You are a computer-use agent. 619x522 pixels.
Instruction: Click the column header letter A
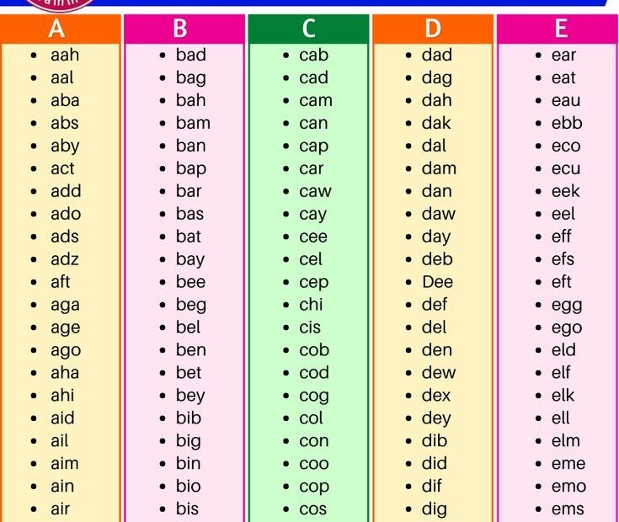pyautogui.click(x=57, y=29)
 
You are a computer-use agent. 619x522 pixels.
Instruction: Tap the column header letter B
pyautogui.click(x=180, y=29)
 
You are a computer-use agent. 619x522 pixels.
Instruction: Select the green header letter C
pyautogui.click(x=308, y=29)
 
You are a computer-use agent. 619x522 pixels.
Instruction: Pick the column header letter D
pyautogui.click(x=433, y=29)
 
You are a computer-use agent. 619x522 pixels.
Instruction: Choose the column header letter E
pyautogui.click(x=561, y=29)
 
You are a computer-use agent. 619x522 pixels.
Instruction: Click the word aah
pyautogui.click(x=64, y=56)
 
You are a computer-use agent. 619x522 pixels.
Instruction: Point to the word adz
pyautogui.click(x=65, y=259)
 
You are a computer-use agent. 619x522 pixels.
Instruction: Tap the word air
pyautogui.click(x=60, y=509)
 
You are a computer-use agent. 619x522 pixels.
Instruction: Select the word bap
pyautogui.click(x=190, y=168)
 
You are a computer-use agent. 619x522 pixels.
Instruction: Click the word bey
pyautogui.click(x=190, y=396)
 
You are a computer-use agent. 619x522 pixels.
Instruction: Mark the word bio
pyautogui.click(x=188, y=486)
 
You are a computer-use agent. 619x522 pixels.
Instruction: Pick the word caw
pyautogui.click(x=315, y=191)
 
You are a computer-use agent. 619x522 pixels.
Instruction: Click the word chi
pyautogui.click(x=311, y=305)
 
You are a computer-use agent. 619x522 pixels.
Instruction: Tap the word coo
pyautogui.click(x=314, y=463)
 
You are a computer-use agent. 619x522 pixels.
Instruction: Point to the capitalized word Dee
pyautogui.click(x=437, y=282)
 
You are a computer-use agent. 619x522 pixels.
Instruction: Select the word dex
pyautogui.click(x=436, y=395)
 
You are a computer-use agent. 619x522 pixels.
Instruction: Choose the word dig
pyautogui.click(x=435, y=509)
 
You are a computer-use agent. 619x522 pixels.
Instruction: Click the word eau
pyautogui.click(x=566, y=100)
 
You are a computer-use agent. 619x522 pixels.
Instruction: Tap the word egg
pyautogui.click(x=567, y=305)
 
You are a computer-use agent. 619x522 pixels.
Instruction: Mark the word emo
pyautogui.click(x=568, y=486)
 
